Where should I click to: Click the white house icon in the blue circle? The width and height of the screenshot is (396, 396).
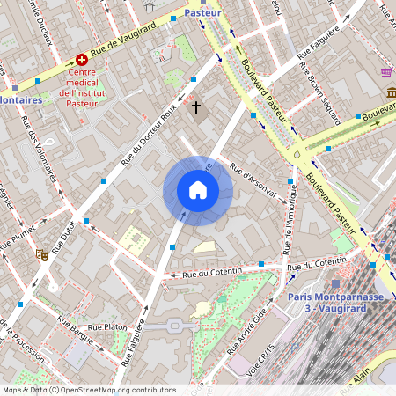[x=197, y=190]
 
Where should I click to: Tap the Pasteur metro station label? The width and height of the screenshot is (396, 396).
[x=203, y=14]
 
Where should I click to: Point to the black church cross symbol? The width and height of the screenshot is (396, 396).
[x=196, y=108]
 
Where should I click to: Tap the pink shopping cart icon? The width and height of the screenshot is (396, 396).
[x=385, y=72]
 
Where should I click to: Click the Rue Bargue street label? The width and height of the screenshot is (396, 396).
[x=75, y=334]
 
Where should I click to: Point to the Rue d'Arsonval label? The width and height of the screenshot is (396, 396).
[x=253, y=180]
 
